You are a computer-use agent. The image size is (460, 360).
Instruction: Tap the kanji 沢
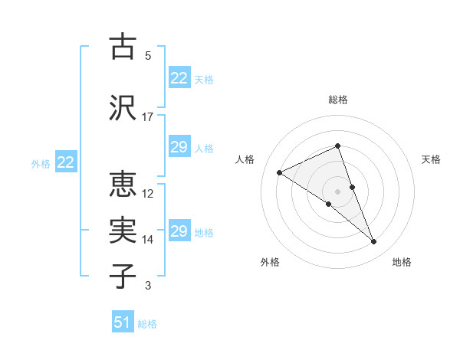pyautogui.click(x=123, y=107)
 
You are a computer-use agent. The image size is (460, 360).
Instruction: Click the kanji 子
pyautogui.click(x=123, y=276)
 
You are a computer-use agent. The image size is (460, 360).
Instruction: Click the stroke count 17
pyautogui.click(x=148, y=117)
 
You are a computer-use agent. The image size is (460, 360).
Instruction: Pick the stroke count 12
pyautogui.click(x=148, y=194)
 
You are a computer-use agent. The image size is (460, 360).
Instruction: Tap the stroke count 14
pyautogui.click(x=148, y=240)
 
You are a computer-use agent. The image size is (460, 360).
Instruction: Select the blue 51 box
pyautogui.click(x=123, y=322)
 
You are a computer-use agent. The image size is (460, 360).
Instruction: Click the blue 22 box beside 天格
pyautogui.click(x=179, y=78)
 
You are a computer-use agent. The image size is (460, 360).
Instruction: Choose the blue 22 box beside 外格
pyautogui.click(x=66, y=162)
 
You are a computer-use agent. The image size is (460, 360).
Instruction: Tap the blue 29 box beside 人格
pyautogui.click(x=179, y=147)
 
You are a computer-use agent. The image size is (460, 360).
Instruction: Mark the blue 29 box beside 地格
pyautogui.click(x=179, y=231)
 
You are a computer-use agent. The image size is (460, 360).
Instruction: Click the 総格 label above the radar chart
pyautogui.click(x=338, y=100)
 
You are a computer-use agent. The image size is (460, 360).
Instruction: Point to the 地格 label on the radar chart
pyautogui.click(x=402, y=263)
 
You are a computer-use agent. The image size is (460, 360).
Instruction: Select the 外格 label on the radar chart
pyautogui.click(x=270, y=263)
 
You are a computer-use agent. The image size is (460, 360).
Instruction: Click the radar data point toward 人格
pyautogui.click(x=280, y=172)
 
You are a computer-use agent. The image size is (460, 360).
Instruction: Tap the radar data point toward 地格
pyautogui.click(x=374, y=242)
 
